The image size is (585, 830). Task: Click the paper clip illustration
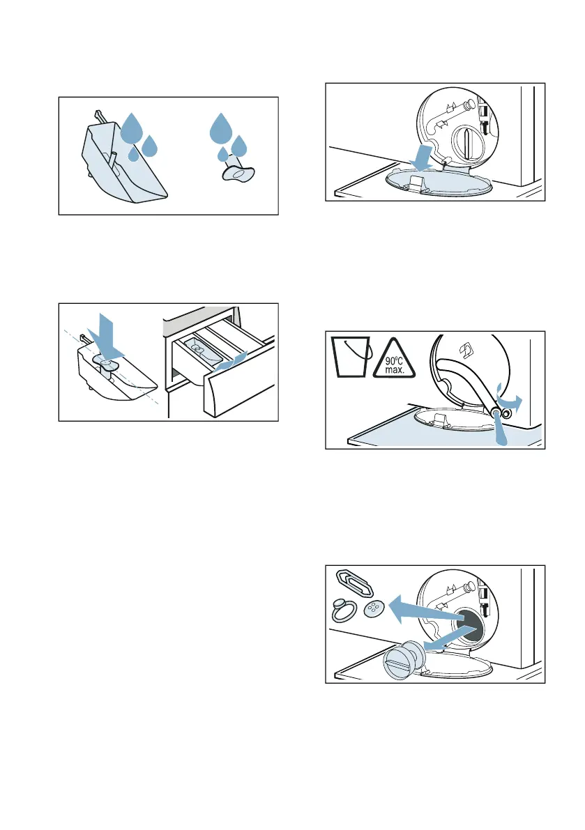pos(355,584)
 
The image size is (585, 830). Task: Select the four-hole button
pos(374,610)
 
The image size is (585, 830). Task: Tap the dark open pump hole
pos(469,625)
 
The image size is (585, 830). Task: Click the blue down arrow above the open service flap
pos(422,157)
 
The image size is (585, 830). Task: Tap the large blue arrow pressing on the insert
pos(106,338)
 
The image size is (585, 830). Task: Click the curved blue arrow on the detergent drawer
pos(230,361)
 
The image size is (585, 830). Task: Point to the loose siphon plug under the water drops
pos(238,171)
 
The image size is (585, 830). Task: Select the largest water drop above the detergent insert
pos(131,128)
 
